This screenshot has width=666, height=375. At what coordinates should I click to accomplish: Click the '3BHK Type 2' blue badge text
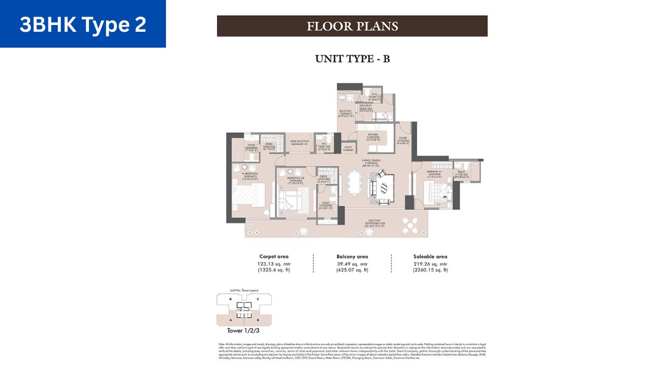[83, 24]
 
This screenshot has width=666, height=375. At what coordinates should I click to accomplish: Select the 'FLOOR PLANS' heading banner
[352, 26]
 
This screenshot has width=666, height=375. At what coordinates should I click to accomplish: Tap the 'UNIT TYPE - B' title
[352, 59]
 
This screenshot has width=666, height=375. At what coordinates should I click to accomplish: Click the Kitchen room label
[373, 136]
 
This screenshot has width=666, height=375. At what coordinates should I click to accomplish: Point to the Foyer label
[403, 140]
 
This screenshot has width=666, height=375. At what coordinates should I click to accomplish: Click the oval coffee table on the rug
[383, 188]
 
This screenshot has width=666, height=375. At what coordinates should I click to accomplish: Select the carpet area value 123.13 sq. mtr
[274, 264]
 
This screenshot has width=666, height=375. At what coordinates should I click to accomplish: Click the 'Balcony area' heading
[352, 256]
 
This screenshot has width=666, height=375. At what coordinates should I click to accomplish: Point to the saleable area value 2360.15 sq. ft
[430, 270]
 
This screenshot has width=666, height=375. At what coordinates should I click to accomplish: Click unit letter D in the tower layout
[258, 320]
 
